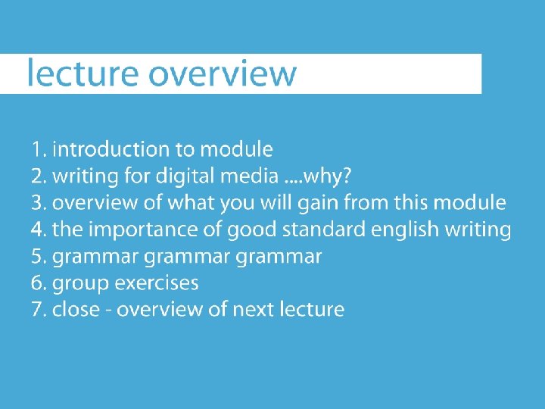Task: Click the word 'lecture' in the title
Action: pos(83,73)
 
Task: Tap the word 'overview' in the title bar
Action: pos(223,73)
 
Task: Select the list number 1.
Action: pos(39,149)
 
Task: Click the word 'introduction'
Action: pos(111,149)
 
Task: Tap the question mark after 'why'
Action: pos(346,176)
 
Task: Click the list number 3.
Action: pos(39,203)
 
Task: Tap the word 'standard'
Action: pos(324,229)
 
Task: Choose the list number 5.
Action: pos(39,257)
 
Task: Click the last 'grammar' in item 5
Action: pos(279,258)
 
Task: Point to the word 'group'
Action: pos(81,284)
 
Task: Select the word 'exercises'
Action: pos(157,283)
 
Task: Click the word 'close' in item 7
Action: pos(76,309)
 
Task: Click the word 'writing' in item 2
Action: pos(85,176)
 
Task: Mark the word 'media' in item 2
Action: pos(249,176)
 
